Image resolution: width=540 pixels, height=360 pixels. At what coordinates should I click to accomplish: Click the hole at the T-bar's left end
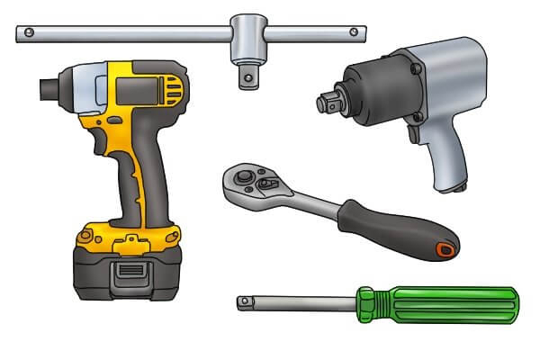coord(29,33)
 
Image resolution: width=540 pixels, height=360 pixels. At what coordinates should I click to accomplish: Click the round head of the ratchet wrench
coord(248,181)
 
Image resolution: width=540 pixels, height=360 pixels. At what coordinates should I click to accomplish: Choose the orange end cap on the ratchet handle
coord(444,249)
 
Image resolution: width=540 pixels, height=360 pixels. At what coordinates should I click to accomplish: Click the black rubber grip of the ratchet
coord(396,229)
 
